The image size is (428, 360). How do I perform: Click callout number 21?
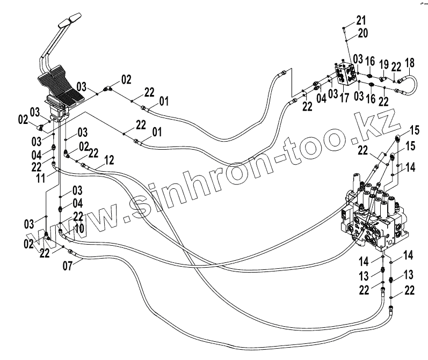coord(360,20)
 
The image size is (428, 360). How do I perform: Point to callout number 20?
coord(362,33)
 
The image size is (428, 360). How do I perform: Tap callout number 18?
coord(410,62)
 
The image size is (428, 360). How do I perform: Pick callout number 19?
coord(384,65)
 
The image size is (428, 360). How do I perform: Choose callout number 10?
coord(79,229)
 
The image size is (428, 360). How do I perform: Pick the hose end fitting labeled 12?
coord(85,167)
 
